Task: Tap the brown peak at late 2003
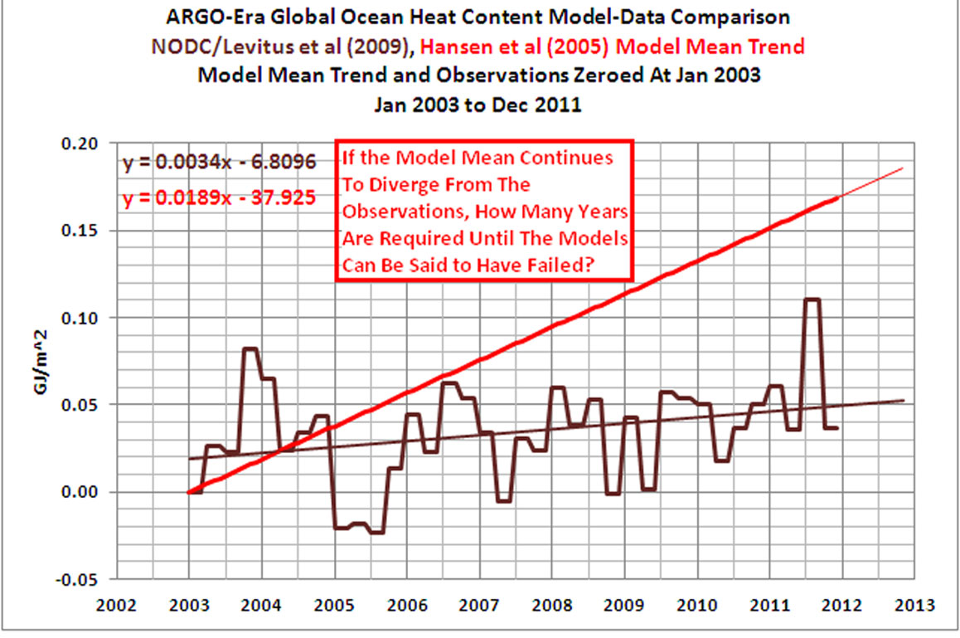250,348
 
